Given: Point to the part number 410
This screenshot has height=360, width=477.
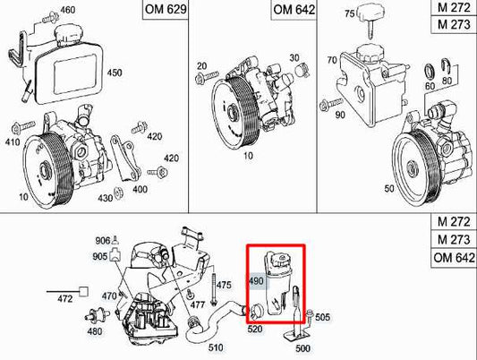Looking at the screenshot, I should pyautogui.click(x=12, y=141).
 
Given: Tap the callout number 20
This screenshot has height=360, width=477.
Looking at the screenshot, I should pyautogui.click(x=201, y=66).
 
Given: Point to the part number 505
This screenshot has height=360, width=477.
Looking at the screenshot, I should pyautogui.click(x=323, y=316).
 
